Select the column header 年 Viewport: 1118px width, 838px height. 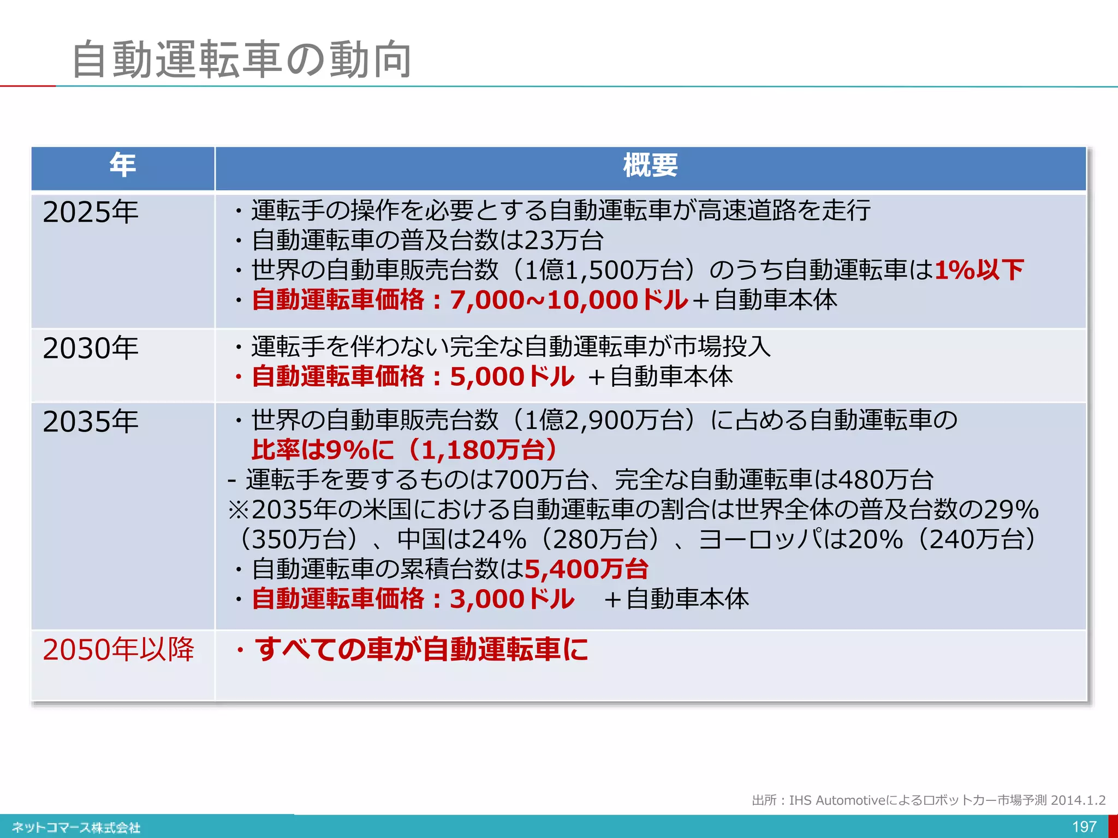click(x=122, y=165)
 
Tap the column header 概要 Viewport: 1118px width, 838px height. click(x=650, y=165)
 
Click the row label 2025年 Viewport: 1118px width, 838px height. click(x=91, y=212)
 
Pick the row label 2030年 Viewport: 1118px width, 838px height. click(x=91, y=348)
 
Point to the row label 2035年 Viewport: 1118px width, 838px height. click(x=91, y=422)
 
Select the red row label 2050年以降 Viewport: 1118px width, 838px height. click(x=118, y=649)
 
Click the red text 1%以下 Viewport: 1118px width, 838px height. click(x=979, y=270)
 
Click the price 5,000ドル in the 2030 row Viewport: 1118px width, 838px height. click(x=512, y=377)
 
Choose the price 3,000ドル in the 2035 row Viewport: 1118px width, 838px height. click(x=512, y=599)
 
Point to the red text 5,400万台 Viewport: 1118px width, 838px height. click(x=586, y=569)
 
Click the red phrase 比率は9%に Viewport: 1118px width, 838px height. click(x=322, y=450)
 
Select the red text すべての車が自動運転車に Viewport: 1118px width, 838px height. click(x=421, y=649)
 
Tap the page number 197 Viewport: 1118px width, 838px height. click(x=1084, y=827)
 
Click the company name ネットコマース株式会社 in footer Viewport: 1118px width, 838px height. click(x=76, y=828)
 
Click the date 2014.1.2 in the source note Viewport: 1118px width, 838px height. click(x=1078, y=800)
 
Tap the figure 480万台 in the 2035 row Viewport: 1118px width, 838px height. click(x=885, y=480)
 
